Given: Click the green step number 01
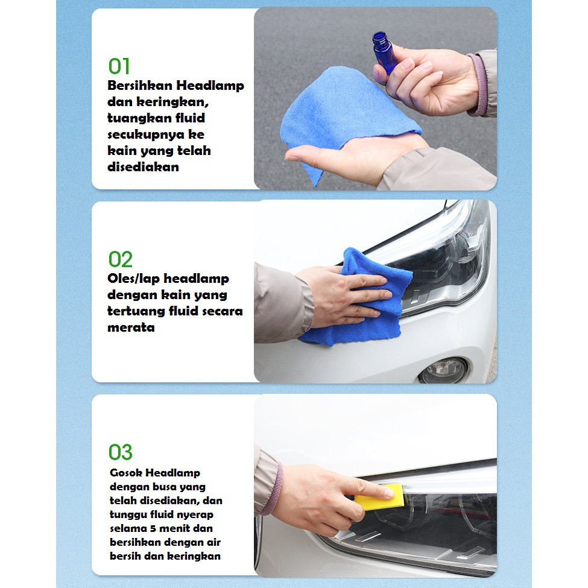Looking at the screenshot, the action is [119, 66].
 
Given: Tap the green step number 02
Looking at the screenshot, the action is [121, 259].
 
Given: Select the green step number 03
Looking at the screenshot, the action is [121, 452].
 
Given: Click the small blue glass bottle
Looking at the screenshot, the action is [385, 52].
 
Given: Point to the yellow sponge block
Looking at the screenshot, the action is [379, 498].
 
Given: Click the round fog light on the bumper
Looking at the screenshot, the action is [443, 370].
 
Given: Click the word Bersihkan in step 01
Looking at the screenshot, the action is [139, 86].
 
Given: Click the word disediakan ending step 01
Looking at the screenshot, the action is [144, 167].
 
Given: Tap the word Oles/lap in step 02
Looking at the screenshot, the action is [133, 279].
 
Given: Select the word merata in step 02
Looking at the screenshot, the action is [131, 327].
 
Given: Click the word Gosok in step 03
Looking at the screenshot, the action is [125, 473].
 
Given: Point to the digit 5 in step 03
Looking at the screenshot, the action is [153, 528].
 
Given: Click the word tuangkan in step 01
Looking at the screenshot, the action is [139, 118].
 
